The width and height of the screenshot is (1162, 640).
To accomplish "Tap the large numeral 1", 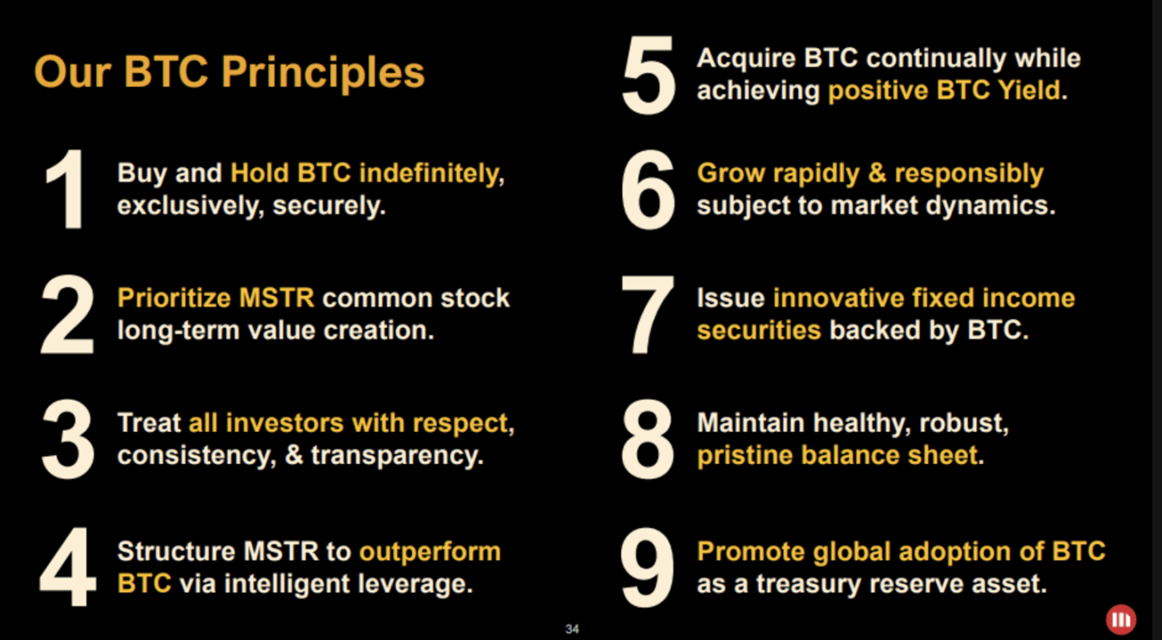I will point(65,189).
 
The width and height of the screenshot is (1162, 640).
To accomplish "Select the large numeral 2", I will point(67,314).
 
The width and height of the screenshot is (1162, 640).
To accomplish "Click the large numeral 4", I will point(67,568).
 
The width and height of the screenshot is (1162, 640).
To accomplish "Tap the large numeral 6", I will point(648,189).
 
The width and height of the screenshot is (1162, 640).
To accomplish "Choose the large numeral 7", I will point(648,314).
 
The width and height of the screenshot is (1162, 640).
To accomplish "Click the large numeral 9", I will point(648,568).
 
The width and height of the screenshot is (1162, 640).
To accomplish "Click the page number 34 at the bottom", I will point(572,629).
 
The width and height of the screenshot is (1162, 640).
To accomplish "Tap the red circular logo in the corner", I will point(1120,619).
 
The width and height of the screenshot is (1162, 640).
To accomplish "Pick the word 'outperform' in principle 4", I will point(429,552).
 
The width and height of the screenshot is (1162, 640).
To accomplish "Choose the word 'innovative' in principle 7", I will point(837,298).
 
